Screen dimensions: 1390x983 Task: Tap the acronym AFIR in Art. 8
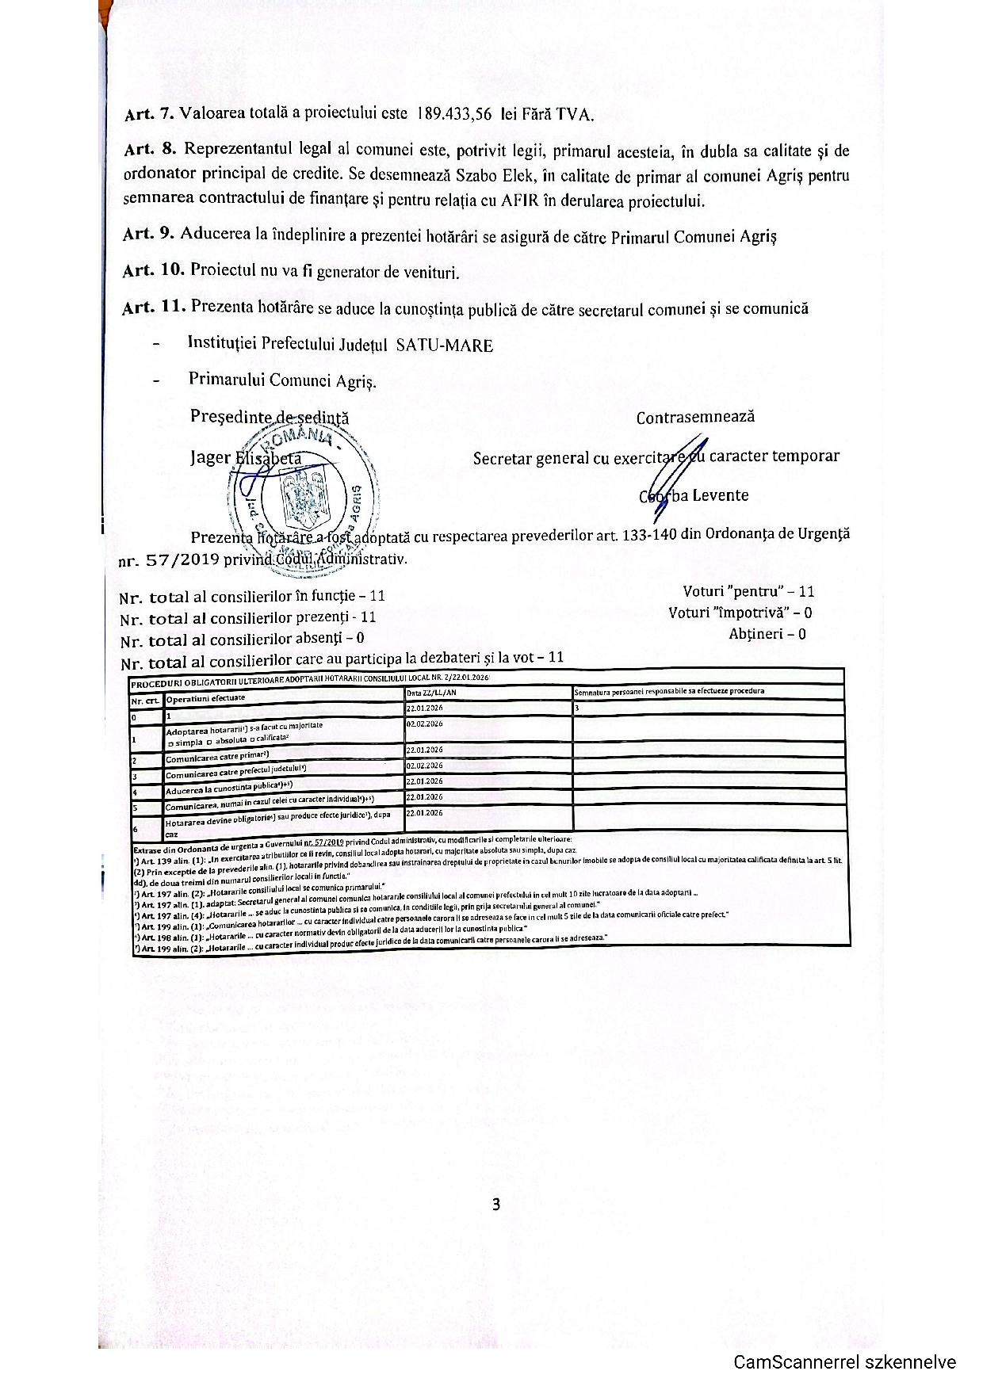click(x=520, y=200)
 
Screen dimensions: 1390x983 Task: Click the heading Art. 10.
click(x=153, y=269)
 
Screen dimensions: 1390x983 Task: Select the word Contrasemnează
click(x=695, y=417)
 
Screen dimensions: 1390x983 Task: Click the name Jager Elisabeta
click(x=246, y=458)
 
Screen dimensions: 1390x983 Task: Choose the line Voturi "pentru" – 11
click(x=748, y=591)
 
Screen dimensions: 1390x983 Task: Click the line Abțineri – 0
click(x=767, y=634)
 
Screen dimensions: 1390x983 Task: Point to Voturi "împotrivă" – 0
click(x=740, y=613)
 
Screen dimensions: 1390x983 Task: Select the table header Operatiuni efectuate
click(x=205, y=698)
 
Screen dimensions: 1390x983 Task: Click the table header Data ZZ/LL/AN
click(x=431, y=693)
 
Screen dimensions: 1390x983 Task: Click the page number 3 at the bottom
click(x=496, y=1205)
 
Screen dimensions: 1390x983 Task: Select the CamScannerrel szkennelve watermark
click(x=844, y=1362)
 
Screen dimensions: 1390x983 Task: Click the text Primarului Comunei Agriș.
click(x=282, y=380)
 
